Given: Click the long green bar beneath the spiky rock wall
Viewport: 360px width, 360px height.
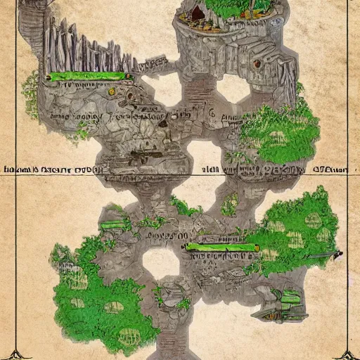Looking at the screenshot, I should (89, 75).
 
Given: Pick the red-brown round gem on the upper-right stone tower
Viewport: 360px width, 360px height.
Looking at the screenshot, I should (257, 63).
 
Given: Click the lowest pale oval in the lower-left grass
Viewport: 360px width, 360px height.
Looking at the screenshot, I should (112, 307).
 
